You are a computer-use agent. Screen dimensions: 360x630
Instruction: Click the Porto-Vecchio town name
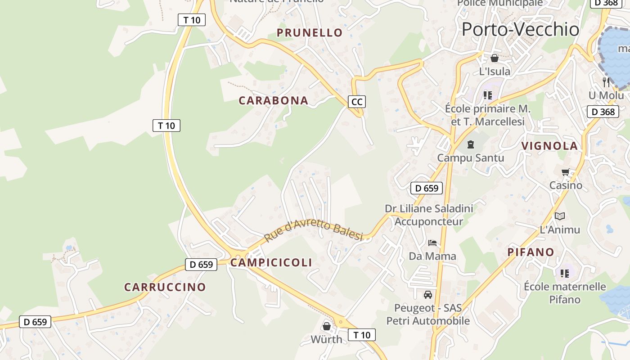pyautogui.click(x=520, y=29)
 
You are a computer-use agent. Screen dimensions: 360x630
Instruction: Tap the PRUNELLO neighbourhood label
pyautogui.click(x=310, y=32)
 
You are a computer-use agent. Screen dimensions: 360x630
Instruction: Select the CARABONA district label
pyautogui.click(x=274, y=100)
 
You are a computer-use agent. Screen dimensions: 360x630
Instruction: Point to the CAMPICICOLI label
pyautogui.click(x=271, y=262)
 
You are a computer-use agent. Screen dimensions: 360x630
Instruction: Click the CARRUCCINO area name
pyautogui.click(x=165, y=287)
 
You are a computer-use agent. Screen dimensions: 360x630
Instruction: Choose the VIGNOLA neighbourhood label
pyautogui.click(x=549, y=146)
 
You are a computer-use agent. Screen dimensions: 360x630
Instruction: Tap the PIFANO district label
pyautogui.click(x=531, y=252)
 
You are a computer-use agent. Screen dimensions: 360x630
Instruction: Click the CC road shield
pyautogui.click(x=356, y=102)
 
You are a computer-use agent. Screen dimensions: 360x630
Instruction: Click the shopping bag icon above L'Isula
pyautogui.click(x=495, y=58)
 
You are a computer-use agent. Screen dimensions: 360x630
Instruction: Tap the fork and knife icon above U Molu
pyautogui.click(x=606, y=82)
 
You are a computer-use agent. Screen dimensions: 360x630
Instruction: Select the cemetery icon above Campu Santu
pyautogui.click(x=470, y=144)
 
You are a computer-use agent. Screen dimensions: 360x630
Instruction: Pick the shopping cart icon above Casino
pyautogui.click(x=566, y=171)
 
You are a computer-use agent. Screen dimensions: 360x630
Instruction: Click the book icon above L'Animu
pyautogui.click(x=560, y=216)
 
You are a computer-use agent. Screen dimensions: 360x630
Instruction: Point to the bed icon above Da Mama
pyautogui.click(x=432, y=243)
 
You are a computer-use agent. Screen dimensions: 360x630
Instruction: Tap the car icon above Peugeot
pyautogui.click(x=427, y=295)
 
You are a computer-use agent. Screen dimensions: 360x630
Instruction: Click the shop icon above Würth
pyautogui.click(x=327, y=326)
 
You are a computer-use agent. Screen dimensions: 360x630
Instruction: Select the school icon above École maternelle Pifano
pyautogui.click(x=565, y=273)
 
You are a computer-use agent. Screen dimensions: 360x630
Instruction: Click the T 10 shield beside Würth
pyautogui.click(x=362, y=335)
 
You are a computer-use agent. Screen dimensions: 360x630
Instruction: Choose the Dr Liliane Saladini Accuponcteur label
pyautogui.click(x=429, y=215)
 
